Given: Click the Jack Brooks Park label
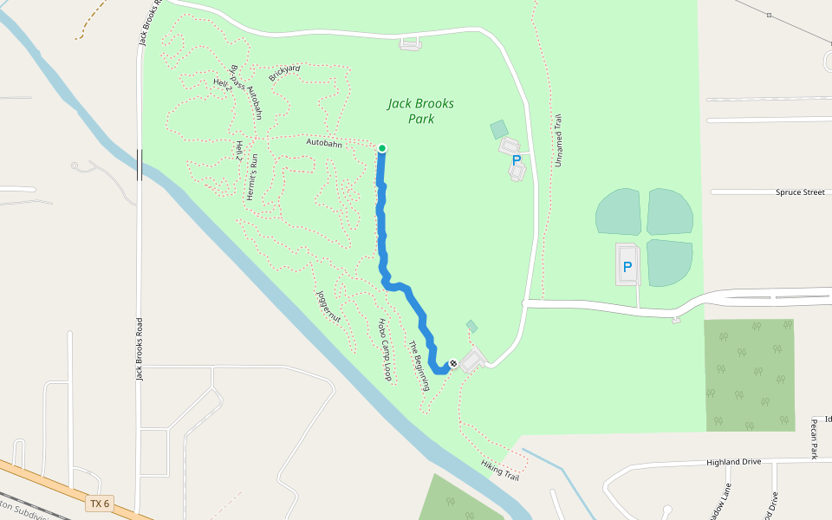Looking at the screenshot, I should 420,111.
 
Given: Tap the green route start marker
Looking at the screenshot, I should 381,148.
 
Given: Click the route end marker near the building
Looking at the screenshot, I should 452,363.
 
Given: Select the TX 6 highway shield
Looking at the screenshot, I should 101,504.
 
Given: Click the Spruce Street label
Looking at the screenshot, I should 800,192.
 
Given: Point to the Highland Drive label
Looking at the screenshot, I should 733,462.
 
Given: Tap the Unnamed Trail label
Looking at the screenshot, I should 559,140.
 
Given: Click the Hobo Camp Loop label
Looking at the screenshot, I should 385,349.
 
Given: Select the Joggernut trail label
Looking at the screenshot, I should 329,308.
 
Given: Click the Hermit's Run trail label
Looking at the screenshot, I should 253,177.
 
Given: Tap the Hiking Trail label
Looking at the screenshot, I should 500,471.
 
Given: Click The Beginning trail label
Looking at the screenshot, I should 419,365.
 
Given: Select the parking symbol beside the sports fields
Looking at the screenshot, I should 627,267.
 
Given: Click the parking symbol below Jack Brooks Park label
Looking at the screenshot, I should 517,160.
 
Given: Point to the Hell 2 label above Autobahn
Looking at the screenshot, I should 223,83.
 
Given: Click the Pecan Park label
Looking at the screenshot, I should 815,439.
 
